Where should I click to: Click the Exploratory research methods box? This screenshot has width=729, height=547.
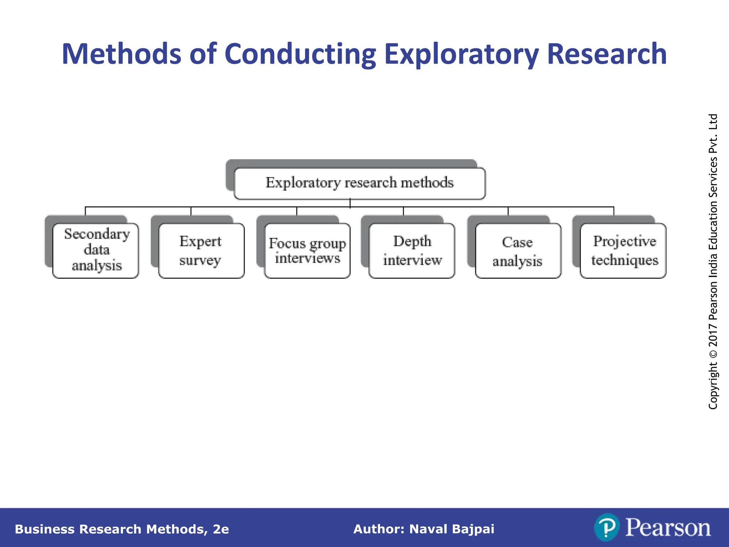click(360, 183)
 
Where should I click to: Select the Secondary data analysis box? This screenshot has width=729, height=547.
click(96, 250)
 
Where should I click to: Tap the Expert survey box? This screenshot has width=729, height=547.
click(201, 250)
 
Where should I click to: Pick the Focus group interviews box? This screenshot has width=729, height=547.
click(307, 250)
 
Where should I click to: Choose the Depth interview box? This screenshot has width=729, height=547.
click(412, 250)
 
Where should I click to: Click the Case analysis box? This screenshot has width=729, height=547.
click(518, 250)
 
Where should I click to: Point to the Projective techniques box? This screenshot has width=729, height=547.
click(623, 250)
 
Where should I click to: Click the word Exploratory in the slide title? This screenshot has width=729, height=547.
click(461, 54)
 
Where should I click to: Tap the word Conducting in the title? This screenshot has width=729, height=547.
click(300, 54)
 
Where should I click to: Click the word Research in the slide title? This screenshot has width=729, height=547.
click(606, 54)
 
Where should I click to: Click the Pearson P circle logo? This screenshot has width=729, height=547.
click(607, 527)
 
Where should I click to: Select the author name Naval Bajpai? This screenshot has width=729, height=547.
click(452, 529)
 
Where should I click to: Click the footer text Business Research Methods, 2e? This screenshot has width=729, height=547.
click(122, 529)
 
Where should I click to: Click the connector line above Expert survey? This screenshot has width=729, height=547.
click(191, 211)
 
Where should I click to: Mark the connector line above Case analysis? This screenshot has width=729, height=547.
click(508, 211)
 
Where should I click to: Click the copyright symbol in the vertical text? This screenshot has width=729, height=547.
click(713, 354)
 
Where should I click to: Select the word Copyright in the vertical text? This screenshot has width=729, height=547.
click(713, 386)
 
